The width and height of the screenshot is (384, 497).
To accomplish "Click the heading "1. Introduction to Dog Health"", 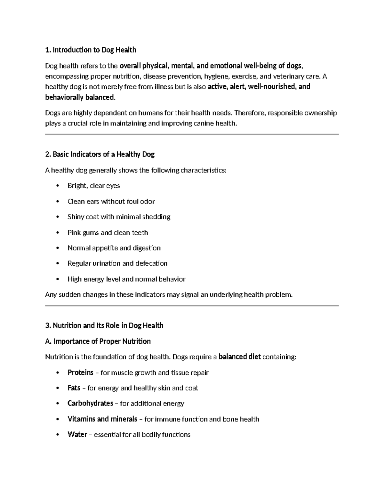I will tap(91, 50).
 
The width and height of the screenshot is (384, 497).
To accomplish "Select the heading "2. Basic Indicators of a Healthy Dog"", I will tap(100, 155).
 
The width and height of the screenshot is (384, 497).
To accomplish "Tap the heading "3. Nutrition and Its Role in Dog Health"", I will tap(104, 325).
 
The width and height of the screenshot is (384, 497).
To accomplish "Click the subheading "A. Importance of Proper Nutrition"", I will tap(98, 341).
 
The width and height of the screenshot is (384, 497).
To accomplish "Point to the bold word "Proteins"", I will tap(80, 373).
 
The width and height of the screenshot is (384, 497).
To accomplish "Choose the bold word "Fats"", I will tap(74, 388).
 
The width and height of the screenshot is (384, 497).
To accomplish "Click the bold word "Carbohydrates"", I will tap(90, 403).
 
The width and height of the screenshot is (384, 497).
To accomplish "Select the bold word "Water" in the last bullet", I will tap(77, 435).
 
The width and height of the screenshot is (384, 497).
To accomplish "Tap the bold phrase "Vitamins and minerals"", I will tap(102, 419).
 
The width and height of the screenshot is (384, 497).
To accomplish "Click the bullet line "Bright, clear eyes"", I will tap(94, 186).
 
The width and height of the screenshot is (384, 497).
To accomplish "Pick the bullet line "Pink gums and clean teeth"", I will tap(108, 233).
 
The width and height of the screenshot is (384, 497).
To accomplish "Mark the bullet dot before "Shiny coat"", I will tap(58, 217).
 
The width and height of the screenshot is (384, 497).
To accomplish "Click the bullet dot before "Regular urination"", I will tap(58, 263).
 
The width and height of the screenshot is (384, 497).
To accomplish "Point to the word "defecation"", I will tap(151, 263).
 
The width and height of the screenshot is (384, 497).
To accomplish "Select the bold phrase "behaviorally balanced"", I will tap(79, 97).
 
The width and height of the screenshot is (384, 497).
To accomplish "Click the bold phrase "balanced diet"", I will tap(240, 357).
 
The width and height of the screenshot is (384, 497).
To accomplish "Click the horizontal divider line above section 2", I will tap(192, 134).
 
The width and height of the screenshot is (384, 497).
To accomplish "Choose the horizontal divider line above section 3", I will tap(192, 306).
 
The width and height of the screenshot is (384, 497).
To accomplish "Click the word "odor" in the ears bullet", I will tap(148, 202).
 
